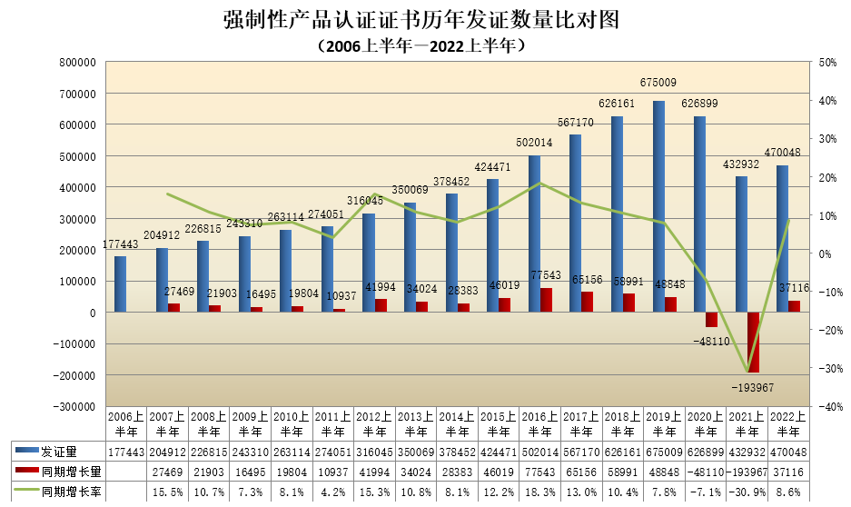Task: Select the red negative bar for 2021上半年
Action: [753, 342]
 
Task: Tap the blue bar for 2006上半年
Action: [120, 284]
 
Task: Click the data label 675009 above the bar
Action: [658, 83]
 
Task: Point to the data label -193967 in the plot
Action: [753, 388]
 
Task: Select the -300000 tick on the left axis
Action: [75, 406]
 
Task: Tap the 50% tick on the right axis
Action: [827, 63]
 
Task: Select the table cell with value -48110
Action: [704, 472]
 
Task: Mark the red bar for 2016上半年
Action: [546, 300]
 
